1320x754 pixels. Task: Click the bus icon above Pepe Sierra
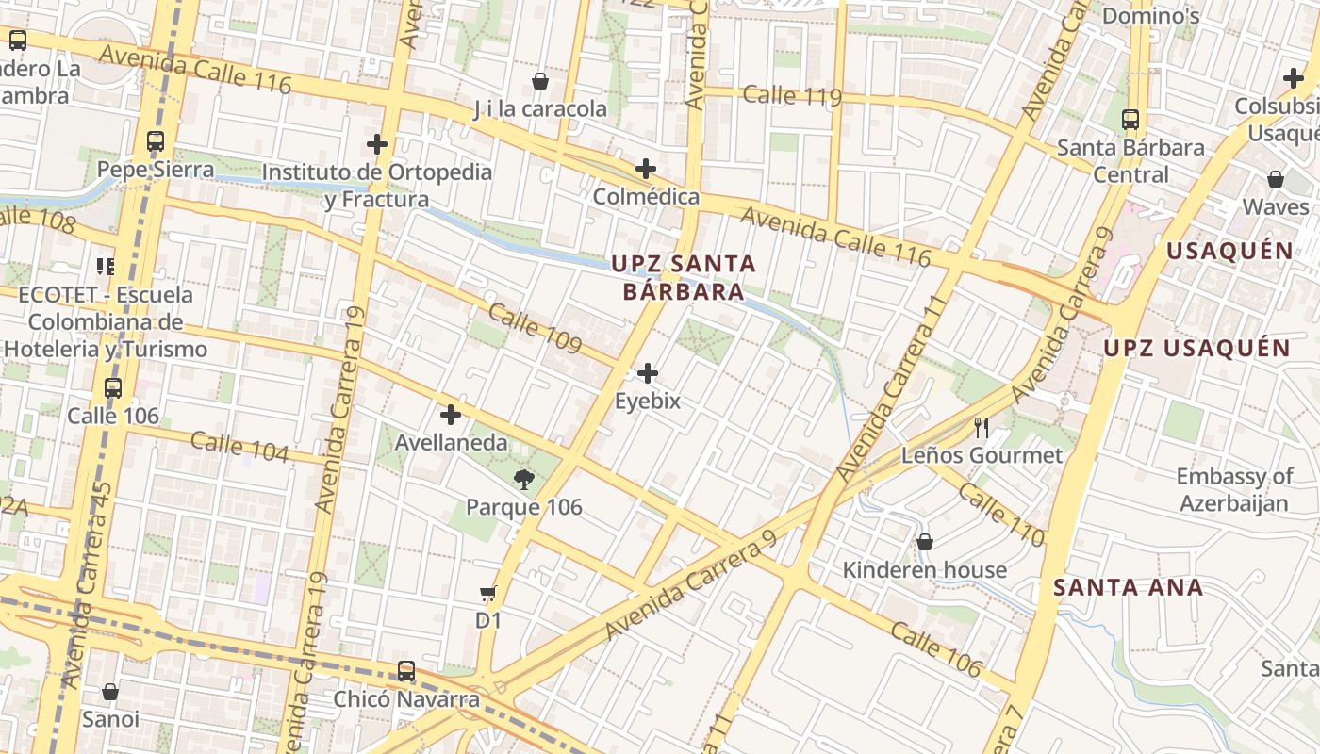[x=156, y=142]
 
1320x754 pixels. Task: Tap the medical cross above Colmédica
[x=646, y=170]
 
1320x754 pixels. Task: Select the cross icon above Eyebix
[x=648, y=373]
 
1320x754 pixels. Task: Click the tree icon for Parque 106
[x=524, y=480]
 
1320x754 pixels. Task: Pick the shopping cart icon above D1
[x=487, y=593]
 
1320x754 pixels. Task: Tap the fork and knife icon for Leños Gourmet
[x=982, y=428]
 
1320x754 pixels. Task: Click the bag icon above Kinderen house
[x=925, y=542]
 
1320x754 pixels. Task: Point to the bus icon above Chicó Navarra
[x=406, y=671]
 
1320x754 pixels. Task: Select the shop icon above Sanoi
[x=110, y=692]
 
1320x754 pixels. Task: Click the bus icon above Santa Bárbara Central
[x=1130, y=120]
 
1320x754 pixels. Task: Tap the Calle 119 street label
[x=792, y=95]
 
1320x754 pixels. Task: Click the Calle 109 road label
[x=536, y=329]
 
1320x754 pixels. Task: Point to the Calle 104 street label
[x=239, y=446]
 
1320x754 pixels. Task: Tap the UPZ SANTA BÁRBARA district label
[x=684, y=277]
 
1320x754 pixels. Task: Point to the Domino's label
[x=1150, y=16]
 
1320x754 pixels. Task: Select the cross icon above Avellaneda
[x=451, y=414]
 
